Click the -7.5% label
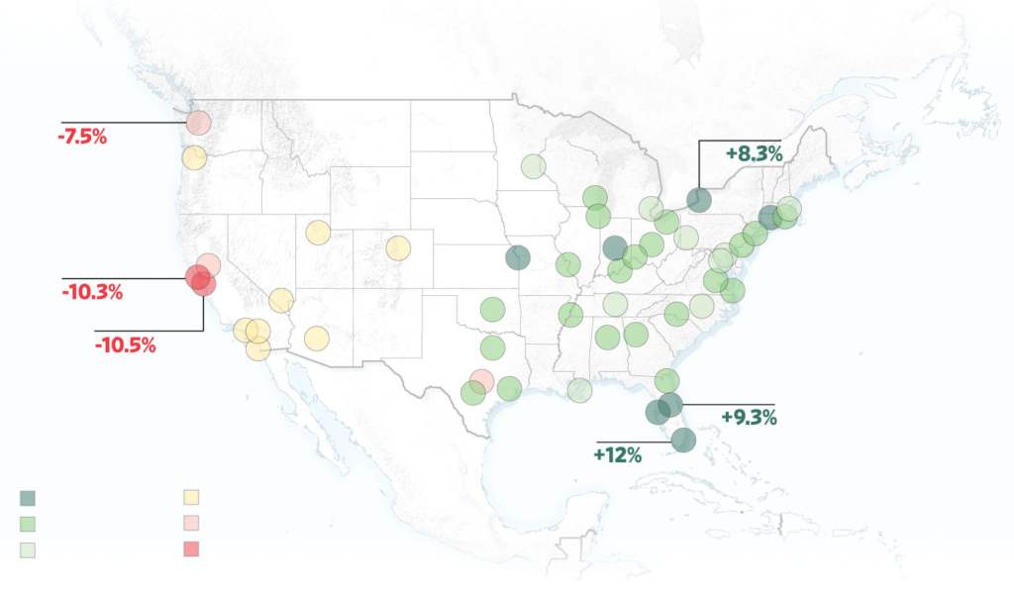click(x=83, y=137)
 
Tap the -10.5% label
click(x=125, y=345)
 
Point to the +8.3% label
click(x=755, y=153)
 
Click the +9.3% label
click(x=749, y=417)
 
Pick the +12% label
click(x=618, y=455)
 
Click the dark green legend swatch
click(x=28, y=498)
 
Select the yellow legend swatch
click(x=192, y=498)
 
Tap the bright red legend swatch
click(x=192, y=549)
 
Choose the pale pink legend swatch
click(x=192, y=524)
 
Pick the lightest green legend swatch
click(x=28, y=549)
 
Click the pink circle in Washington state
click(x=198, y=124)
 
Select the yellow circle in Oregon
click(x=194, y=156)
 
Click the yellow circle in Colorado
click(x=398, y=247)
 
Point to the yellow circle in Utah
click(x=318, y=233)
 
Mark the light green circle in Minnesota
click(x=534, y=166)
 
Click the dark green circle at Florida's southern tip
click(x=683, y=439)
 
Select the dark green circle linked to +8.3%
click(x=700, y=199)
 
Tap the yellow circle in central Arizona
click(x=316, y=339)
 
